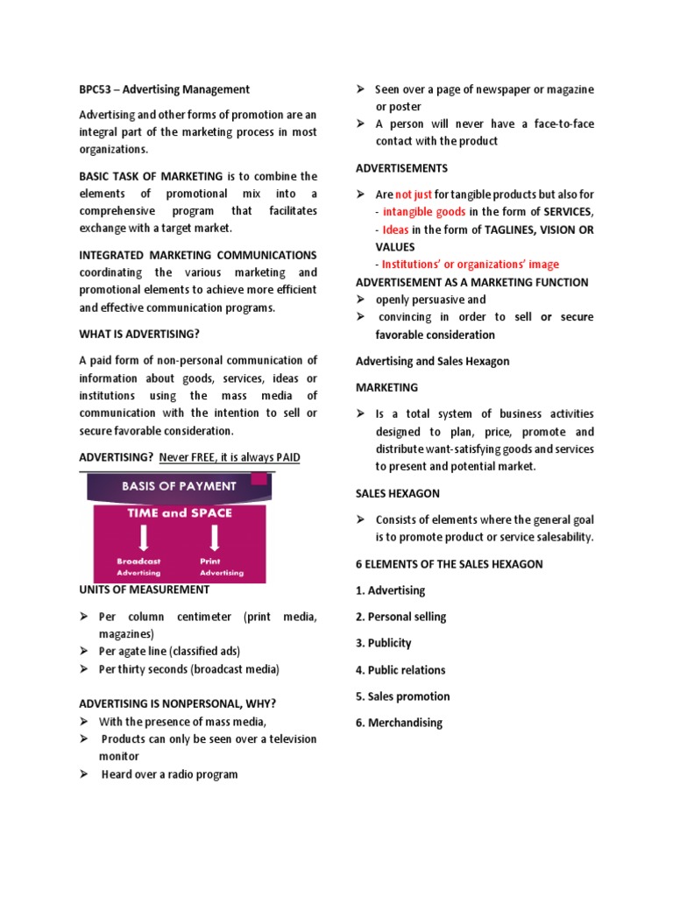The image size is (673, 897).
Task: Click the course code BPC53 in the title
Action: (x=96, y=89)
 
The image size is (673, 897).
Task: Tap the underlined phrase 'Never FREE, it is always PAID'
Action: (x=230, y=457)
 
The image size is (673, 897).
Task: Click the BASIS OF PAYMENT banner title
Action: (x=179, y=486)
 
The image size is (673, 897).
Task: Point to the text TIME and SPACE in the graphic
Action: (x=180, y=513)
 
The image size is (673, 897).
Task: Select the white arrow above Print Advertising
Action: (x=210, y=536)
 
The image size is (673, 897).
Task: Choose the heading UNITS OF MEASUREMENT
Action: (x=145, y=590)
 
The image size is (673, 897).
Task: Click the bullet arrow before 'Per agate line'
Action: (x=84, y=652)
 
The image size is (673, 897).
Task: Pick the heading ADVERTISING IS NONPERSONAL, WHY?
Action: (x=183, y=703)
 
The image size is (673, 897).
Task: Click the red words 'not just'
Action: (x=414, y=194)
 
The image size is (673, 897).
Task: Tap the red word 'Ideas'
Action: (x=396, y=230)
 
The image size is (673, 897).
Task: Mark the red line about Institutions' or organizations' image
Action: (x=470, y=265)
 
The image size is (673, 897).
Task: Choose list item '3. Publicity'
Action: (x=384, y=643)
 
